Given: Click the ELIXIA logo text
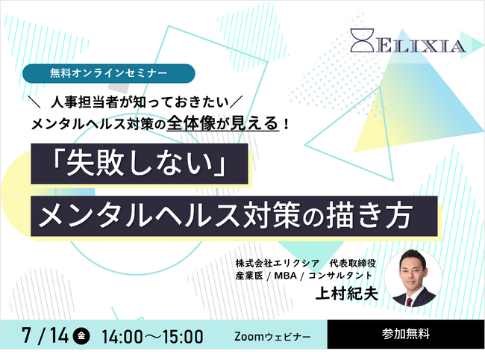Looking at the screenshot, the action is pos(420,46).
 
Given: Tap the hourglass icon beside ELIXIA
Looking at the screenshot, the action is pos(362,40).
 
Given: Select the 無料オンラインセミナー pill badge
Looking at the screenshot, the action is pos(109,73).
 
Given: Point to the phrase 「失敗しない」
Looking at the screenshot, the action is pos(140,164).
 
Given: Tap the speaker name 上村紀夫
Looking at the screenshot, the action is pos(346,293).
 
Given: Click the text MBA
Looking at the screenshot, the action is pos(285,276).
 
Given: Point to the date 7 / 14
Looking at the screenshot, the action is pos(46,335).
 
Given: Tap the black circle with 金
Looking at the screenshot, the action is pos(81,335).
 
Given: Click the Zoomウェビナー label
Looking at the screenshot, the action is pos(272,336).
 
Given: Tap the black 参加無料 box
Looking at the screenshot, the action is pos(406,334).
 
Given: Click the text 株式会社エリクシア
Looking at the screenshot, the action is pos(277,264).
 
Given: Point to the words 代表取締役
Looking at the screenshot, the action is pos(353,264).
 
